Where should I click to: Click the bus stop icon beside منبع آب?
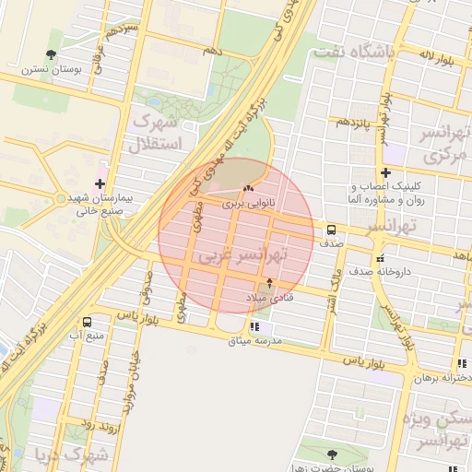(x=87, y=323)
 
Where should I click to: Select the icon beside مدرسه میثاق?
(x=255, y=327)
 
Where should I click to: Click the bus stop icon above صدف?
(x=331, y=230)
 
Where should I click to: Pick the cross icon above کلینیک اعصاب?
(x=385, y=172)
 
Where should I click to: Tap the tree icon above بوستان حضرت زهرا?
(x=332, y=454)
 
